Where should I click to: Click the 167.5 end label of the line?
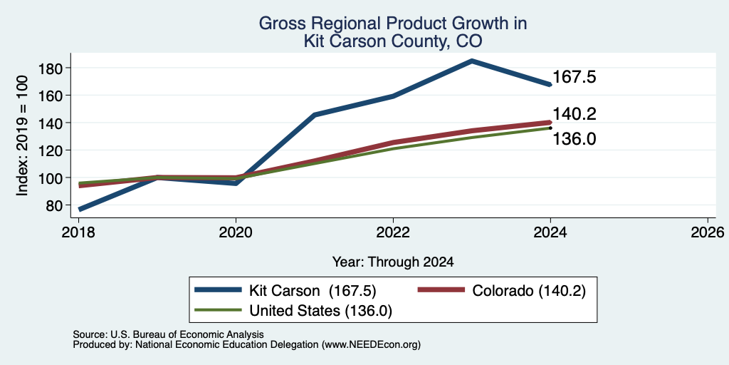(575, 77)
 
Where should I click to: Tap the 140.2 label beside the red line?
(575, 113)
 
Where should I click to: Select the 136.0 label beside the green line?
(575, 138)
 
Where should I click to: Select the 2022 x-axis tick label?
(393, 232)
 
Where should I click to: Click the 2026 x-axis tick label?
(708, 232)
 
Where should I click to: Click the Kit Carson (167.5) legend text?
(312, 291)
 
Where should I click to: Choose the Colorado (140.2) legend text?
(529, 291)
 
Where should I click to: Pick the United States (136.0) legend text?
(321, 311)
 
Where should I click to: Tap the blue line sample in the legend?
(219, 290)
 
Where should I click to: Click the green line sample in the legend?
(219, 310)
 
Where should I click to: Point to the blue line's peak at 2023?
(471, 61)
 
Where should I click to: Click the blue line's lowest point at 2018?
(80, 209)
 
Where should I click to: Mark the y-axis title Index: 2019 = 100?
(22, 135)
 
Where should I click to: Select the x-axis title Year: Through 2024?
(393, 262)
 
